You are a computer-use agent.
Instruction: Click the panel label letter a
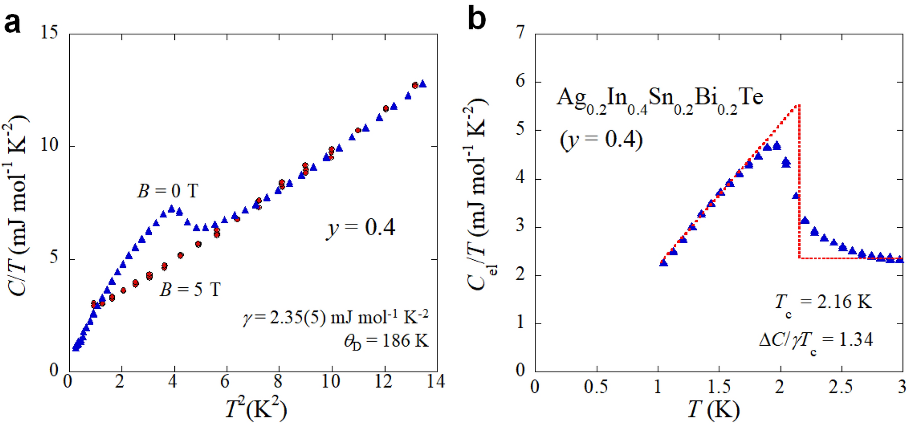pyautogui.click(x=12, y=24)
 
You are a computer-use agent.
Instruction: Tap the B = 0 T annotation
pyautogui.click(x=167, y=191)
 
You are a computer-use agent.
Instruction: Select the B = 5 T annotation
pyautogui.click(x=190, y=290)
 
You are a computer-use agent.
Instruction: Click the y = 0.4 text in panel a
pyautogui.click(x=361, y=227)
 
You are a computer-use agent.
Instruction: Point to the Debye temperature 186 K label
pyautogui.click(x=386, y=341)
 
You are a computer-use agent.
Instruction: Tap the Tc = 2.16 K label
pyautogui.click(x=822, y=302)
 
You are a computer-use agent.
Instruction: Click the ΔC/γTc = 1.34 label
pyautogui.click(x=815, y=340)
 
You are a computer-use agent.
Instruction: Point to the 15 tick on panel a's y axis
pyautogui.click(x=50, y=33)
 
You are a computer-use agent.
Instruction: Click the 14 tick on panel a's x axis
pyautogui.click(x=436, y=382)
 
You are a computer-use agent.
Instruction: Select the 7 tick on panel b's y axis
pyautogui.click(x=520, y=33)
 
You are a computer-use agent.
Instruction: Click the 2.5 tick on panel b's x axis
pyautogui.click(x=840, y=387)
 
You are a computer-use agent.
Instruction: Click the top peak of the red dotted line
pyautogui.click(x=798, y=105)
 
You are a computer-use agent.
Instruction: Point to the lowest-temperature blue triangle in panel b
pyautogui.click(x=663, y=263)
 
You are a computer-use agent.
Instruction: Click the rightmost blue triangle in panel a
pyautogui.click(x=422, y=83)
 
